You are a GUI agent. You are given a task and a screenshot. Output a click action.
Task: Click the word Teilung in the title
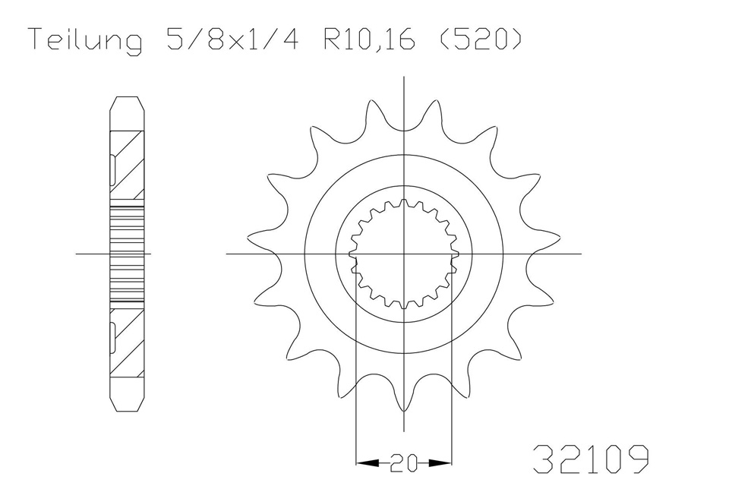coord(86,40)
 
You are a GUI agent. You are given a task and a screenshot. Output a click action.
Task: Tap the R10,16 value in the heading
coord(369,39)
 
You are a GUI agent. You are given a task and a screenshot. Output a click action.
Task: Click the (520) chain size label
coord(481,39)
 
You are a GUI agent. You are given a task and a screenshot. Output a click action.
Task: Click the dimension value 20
coord(403,462)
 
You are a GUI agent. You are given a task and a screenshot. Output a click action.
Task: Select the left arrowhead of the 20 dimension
coord(368,462)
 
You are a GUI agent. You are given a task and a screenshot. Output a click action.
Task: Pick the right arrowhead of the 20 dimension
coord(440,462)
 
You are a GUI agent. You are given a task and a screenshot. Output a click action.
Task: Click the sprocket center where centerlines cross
coord(403,254)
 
